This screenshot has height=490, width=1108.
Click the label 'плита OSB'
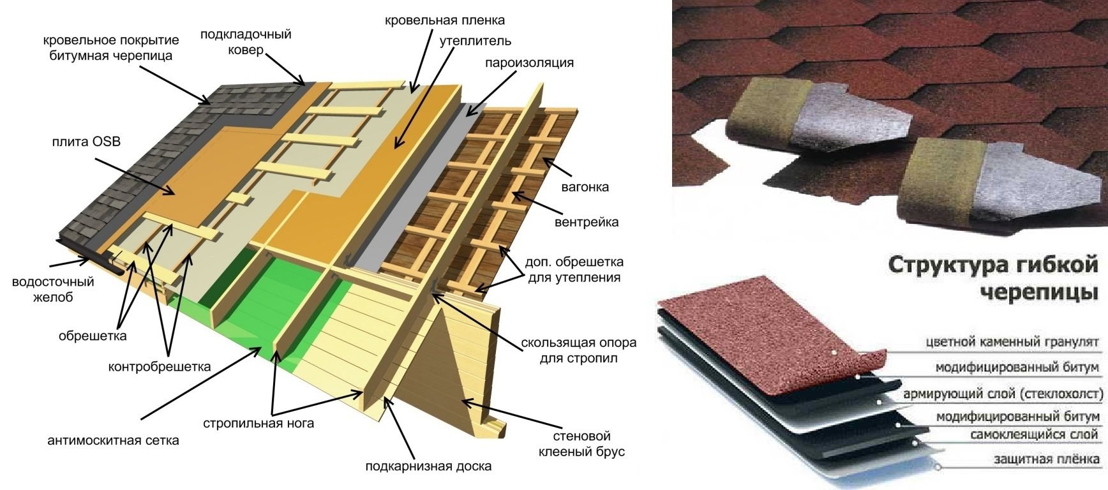click(x=86, y=142)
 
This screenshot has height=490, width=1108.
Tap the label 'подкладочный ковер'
click(x=246, y=41)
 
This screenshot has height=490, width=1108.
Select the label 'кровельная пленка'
click(x=445, y=20)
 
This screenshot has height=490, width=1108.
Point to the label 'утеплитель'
click(x=475, y=41)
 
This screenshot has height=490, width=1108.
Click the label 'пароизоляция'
click(x=529, y=63)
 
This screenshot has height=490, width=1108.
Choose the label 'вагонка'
click(x=585, y=187)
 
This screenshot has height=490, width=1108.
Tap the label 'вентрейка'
click(x=587, y=222)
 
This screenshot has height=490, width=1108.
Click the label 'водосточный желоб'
click(x=53, y=289)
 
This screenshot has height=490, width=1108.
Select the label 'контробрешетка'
click(x=160, y=367)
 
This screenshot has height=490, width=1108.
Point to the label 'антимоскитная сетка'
click(x=113, y=440)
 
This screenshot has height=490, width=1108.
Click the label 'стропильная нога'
click(x=258, y=423)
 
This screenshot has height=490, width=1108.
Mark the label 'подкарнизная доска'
click(x=428, y=466)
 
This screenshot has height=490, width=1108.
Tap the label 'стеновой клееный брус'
click(x=581, y=443)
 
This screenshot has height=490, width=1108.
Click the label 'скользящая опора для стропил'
click(x=578, y=350)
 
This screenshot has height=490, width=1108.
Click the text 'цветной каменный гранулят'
click(x=1012, y=342)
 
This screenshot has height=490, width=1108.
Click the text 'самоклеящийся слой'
click(x=1035, y=434)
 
